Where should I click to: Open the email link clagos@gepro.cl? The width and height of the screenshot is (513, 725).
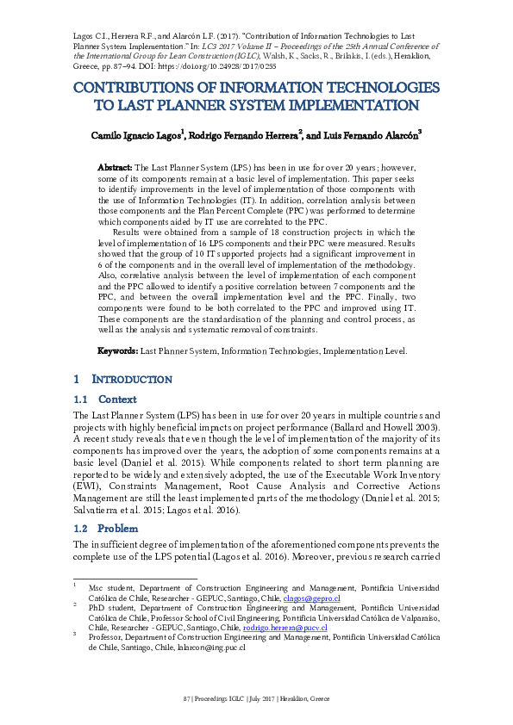pyautogui.click(x=312, y=598)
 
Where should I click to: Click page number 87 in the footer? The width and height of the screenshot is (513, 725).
pyautogui.click(x=186, y=697)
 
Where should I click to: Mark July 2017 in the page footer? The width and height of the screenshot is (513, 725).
pyautogui.click(x=260, y=697)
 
